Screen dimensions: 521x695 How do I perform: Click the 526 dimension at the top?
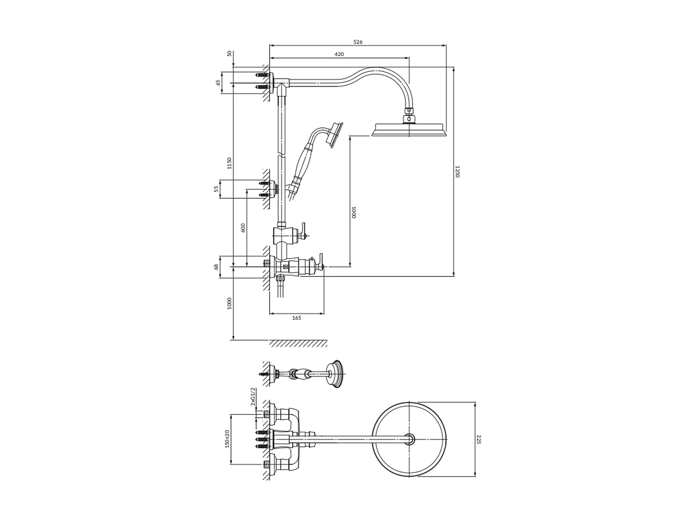click(x=358, y=42)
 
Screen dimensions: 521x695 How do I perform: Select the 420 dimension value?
click(x=339, y=54)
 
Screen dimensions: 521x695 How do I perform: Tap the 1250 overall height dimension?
click(x=458, y=172)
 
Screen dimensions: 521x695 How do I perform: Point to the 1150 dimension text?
click(x=229, y=163)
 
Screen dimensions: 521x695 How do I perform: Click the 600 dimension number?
click(x=243, y=228)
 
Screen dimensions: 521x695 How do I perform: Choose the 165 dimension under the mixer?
click(x=297, y=318)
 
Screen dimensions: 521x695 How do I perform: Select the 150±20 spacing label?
click(x=227, y=439)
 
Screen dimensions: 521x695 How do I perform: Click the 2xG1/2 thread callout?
click(x=253, y=397)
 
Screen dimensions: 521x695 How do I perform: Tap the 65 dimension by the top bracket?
click(x=218, y=83)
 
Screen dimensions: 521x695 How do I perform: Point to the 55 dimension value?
click(x=216, y=189)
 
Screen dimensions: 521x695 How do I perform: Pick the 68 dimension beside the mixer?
click(x=216, y=267)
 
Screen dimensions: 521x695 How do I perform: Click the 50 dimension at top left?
click(x=229, y=54)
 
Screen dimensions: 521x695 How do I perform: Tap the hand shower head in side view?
click(x=335, y=135)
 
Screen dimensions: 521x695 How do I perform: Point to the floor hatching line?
click(x=298, y=344)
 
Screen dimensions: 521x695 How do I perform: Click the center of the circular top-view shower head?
click(x=410, y=439)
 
